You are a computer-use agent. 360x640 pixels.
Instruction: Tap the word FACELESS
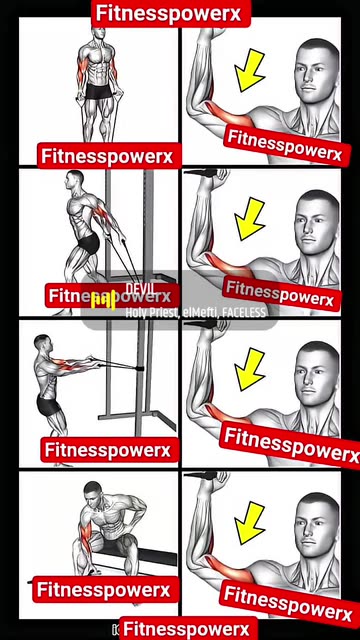245,312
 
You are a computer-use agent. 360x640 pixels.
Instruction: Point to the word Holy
137,312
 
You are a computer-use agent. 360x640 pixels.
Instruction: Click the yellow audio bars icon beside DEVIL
104,299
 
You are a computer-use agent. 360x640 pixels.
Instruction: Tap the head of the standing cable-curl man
97,38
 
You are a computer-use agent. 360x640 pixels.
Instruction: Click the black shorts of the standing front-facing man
97,91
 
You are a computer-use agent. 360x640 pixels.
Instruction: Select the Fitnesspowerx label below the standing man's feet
107,156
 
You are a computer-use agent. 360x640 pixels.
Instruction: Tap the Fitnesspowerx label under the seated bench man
105,590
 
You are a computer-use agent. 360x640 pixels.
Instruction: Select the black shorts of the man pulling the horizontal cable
51,404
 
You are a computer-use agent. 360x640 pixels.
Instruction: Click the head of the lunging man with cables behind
74,180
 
